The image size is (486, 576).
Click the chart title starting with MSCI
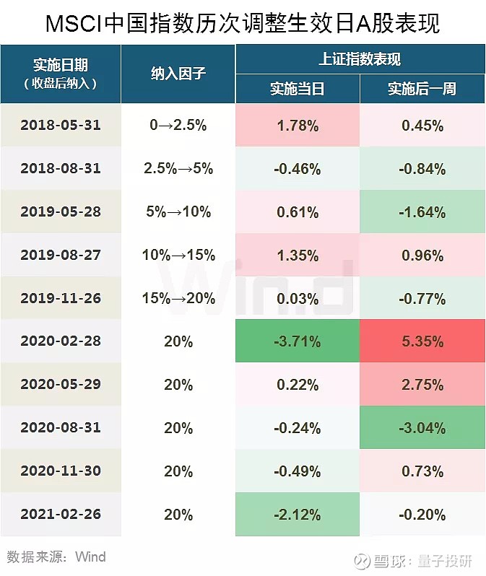click(243, 23)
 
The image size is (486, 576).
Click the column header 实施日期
click(61, 66)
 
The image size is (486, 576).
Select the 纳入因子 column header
click(178, 74)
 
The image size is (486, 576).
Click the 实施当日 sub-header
click(297, 89)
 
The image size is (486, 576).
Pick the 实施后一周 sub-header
click(422, 89)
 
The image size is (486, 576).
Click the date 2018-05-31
click(61, 125)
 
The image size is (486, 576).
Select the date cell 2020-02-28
click(61, 341)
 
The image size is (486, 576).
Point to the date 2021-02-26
click(61, 515)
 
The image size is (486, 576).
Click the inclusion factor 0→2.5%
click(178, 125)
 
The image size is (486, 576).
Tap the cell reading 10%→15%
click(178, 255)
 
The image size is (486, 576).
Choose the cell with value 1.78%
click(297, 126)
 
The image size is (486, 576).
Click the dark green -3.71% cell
click(297, 341)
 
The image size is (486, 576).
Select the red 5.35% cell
click(422, 341)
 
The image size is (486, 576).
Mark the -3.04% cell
click(422, 428)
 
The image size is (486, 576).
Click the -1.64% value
click(422, 212)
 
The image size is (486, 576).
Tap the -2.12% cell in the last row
click(297, 515)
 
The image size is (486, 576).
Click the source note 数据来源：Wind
click(56, 557)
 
